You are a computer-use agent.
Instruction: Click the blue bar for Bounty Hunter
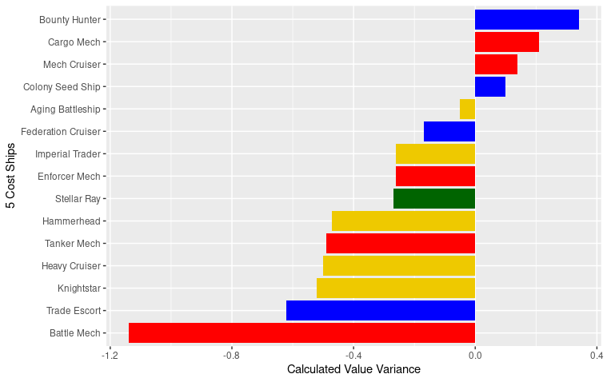click(526, 19)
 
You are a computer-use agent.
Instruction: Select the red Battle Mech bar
click(302, 332)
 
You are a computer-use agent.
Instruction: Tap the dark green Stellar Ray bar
click(433, 198)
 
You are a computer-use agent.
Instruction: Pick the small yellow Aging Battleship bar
click(467, 109)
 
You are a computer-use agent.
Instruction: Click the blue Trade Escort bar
click(380, 310)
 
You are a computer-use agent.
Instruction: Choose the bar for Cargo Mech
click(506, 42)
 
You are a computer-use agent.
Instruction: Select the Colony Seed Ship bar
click(489, 86)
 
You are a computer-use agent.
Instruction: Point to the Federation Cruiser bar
click(449, 131)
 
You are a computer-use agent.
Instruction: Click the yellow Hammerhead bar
click(403, 221)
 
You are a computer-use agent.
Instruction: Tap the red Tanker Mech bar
click(400, 243)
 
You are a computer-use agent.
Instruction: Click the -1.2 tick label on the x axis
click(110, 355)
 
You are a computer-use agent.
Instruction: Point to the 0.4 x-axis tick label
click(597, 355)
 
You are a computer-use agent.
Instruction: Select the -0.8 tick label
click(231, 355)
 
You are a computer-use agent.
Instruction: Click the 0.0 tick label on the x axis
click(475, 355)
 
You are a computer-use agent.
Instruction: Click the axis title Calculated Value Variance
click(353, 369)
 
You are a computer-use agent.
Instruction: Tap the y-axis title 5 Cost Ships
click(11, 176)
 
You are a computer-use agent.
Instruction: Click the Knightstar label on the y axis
click(78, 288)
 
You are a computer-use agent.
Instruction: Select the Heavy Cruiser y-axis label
click(70, 265)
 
